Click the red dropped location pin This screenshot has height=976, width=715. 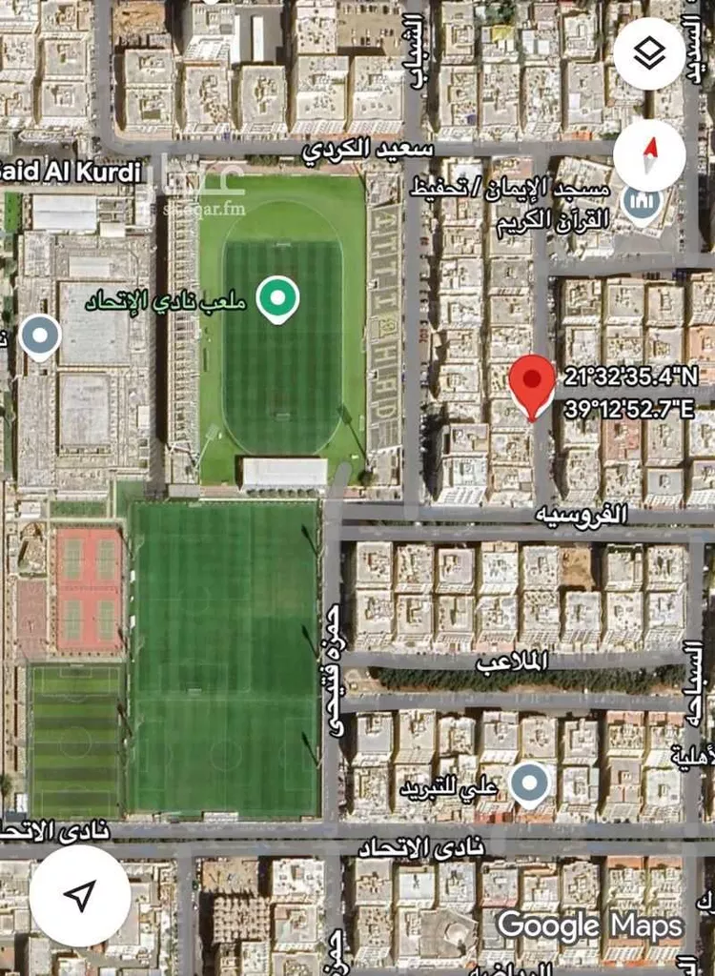(x=532, y=384)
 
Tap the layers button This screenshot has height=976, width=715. (x=649, y=53)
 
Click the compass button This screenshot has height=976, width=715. (x=650, y=153)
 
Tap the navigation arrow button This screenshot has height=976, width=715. (x=80, y=895)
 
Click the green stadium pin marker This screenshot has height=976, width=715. (x=277, y=299)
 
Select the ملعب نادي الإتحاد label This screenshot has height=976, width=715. (x=166, y=302)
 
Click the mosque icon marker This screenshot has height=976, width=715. (x=643, y=201)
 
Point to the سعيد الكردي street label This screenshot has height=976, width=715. (x=368, y=150)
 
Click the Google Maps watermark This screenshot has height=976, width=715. (x=590, y=925)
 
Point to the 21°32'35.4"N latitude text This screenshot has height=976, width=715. (x=630, y=376)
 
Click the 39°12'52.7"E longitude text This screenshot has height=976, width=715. (x=628, y=409)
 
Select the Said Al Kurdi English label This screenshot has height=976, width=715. (x=71, y=172)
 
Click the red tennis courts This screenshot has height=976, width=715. (x=89, y=590)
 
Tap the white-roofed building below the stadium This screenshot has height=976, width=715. (x=284, y=473)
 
